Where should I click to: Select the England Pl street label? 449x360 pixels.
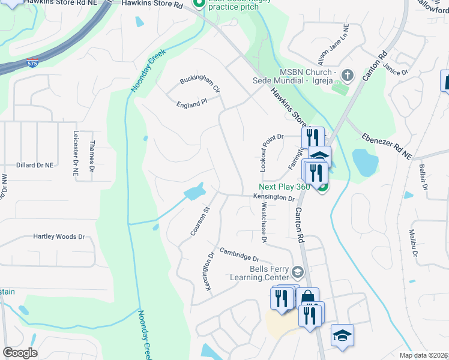[191, 103]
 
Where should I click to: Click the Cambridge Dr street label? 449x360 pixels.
[242, 254]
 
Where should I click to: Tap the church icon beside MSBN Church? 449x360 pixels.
[347, 76]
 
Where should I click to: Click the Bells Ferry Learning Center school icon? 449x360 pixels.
[297, 273]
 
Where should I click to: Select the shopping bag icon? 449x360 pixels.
[307, 298]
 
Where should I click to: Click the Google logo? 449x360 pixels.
[20, 353]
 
